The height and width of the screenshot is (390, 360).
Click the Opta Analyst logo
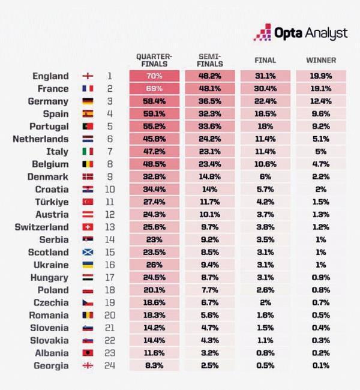301,33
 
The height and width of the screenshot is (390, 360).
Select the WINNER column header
320,61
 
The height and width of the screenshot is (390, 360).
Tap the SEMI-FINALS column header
210,61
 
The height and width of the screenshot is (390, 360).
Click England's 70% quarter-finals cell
154,77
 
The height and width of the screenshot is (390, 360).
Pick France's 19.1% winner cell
321,89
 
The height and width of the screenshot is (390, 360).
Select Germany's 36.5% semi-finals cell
210,101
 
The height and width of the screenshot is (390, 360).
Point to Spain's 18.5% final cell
265,114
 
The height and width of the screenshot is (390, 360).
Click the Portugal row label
49,127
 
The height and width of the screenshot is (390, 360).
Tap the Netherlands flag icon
88,139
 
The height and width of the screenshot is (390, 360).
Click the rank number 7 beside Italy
110,152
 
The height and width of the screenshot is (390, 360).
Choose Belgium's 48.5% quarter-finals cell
154,164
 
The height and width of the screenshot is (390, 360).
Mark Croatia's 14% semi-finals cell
210,190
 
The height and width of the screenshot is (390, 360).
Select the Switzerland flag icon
88,227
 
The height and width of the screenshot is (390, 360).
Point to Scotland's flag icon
88,253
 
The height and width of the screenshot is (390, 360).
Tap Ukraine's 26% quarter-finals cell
154,265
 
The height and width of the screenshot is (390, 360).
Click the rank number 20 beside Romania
110,316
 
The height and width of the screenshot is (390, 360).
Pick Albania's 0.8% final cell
265,353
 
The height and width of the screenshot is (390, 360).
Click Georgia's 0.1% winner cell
321,366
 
